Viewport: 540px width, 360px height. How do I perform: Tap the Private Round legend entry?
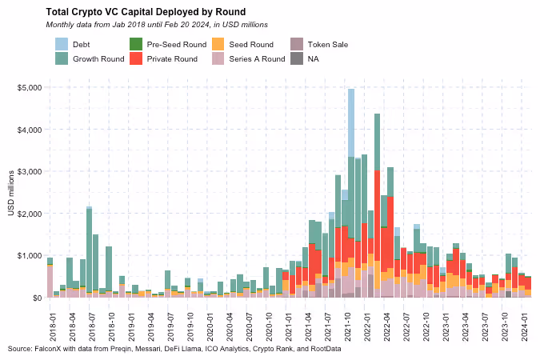(173, 58)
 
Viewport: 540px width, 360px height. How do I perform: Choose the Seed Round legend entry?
(250, 44)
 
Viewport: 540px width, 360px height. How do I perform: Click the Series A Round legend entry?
(256, 58)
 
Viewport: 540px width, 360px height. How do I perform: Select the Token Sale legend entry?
(327, 44)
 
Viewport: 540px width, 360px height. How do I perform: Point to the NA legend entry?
(313, 58)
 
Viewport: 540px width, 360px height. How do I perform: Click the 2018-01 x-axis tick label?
(50, 317)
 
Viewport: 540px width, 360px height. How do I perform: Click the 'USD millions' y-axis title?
(11, 193)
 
